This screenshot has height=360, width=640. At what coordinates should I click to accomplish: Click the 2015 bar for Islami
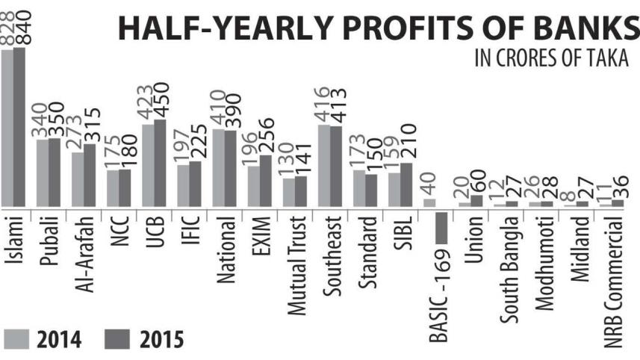[x=19, y=127]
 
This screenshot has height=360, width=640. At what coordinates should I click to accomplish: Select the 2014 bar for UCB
[x=148, y=165]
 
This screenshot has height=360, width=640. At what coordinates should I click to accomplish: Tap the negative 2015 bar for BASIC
[x=441, y=227]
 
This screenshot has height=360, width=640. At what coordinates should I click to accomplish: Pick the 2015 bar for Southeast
[x=336, y=167]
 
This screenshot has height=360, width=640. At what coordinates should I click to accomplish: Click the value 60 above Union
[x=477, y=181]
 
